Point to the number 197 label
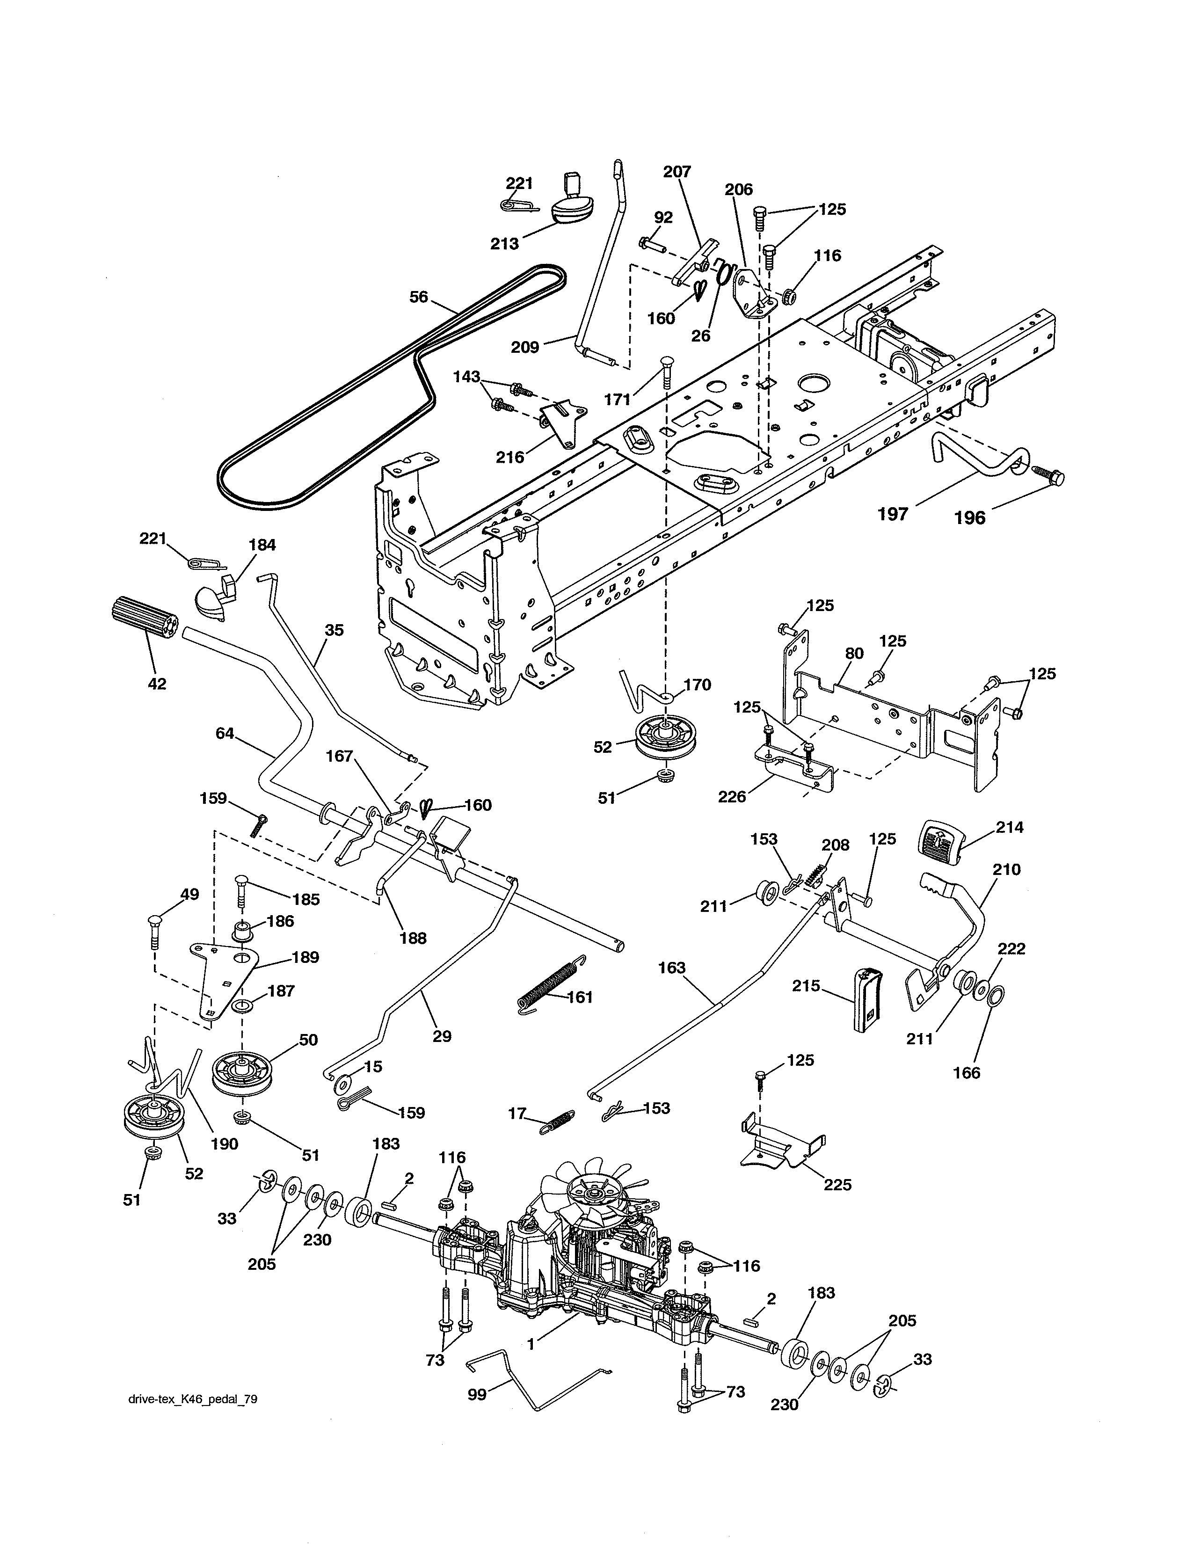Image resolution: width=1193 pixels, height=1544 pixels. pyautogui.click(x=893, y=514)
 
